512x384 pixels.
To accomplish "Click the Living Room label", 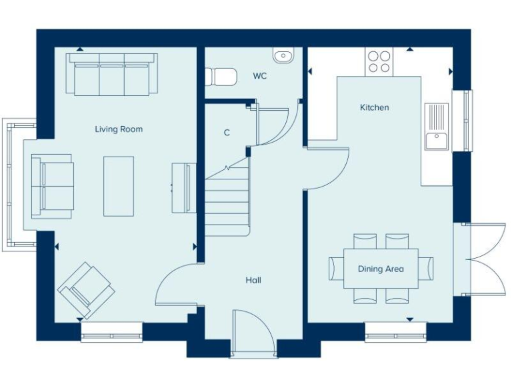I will (x=119, y=129).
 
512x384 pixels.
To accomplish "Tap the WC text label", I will (x=259, y=76).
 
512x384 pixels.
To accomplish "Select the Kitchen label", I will (x=374, y=107).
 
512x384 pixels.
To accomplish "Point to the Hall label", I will (x=253, y=281).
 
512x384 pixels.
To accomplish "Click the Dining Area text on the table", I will (x=381, y=269).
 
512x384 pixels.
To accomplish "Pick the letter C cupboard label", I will (x=227, y=133).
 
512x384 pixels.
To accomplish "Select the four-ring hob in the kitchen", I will (x=379, y=61).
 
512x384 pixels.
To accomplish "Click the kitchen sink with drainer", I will (x=437, y=127).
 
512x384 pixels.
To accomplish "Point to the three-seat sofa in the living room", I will (x=112, y=75).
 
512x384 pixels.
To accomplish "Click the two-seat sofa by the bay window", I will (x=53, y=186).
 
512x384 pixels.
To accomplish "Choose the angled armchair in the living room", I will (x=86, y=290).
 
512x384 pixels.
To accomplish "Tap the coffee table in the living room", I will (x=119, y=186).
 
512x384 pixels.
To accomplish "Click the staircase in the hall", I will (x=227, y=200).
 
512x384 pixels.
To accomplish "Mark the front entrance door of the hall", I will (x=253, y=333).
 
